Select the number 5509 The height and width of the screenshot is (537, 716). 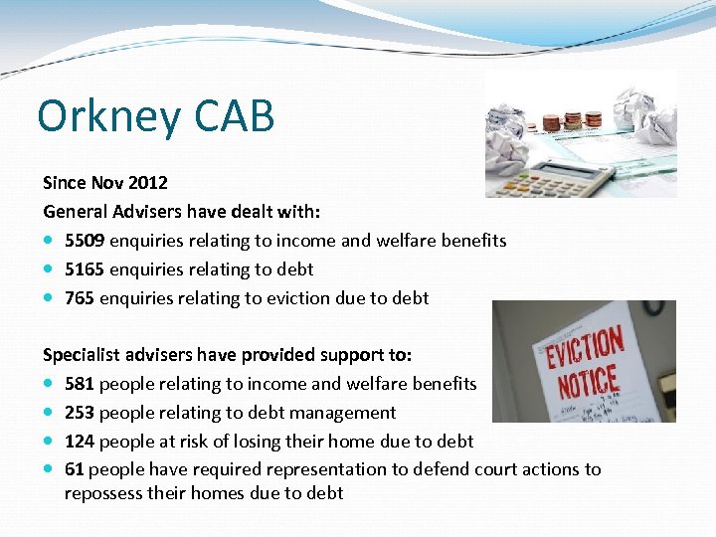(85, 241)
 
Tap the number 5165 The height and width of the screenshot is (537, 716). (85, 269)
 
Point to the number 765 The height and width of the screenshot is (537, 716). (80, 298)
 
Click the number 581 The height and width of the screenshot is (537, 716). (80, 384)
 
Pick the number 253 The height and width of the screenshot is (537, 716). (80, 413)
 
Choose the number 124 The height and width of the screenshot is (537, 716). (80, 441)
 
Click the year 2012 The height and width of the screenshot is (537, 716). (148, 183)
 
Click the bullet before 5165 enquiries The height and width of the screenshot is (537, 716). (50, 269)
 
